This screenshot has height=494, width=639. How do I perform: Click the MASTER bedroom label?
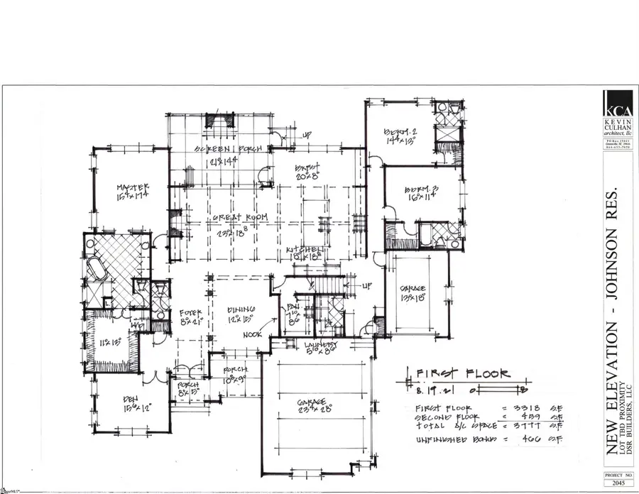point(131,188)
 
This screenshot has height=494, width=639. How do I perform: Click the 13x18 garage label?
point(413,289)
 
